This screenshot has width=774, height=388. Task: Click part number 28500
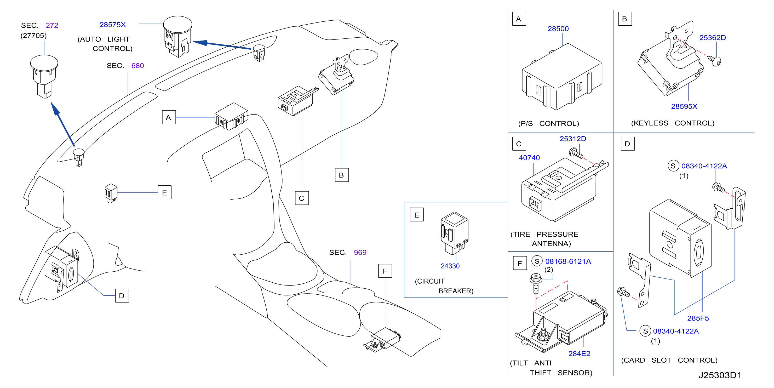[558, 28]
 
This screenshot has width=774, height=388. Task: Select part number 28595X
[684, 106]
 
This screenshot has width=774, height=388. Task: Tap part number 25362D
[712, 38]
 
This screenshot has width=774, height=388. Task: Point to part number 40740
[529, 158]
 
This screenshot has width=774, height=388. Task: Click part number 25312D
[573, 139]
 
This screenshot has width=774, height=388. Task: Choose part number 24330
[450, 266]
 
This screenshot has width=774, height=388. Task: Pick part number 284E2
[579, 354]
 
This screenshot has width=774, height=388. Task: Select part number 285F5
[698, 318]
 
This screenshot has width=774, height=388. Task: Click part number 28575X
[112, 25]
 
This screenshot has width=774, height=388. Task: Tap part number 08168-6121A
[568, 261]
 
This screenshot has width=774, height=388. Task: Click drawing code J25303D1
[720, 375]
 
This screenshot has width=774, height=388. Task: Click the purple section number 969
[360, 253]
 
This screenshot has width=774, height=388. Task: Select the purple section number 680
[137, 66]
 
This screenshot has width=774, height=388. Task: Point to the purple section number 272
[52, 25]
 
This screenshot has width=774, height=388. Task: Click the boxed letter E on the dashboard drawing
[165, 193]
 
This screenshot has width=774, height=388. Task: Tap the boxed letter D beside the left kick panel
[122, 296]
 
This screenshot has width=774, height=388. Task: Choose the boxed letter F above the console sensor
[385, 271]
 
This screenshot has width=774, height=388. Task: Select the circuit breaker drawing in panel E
[454, 233]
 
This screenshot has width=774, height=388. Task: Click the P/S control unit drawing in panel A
[562, 77]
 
